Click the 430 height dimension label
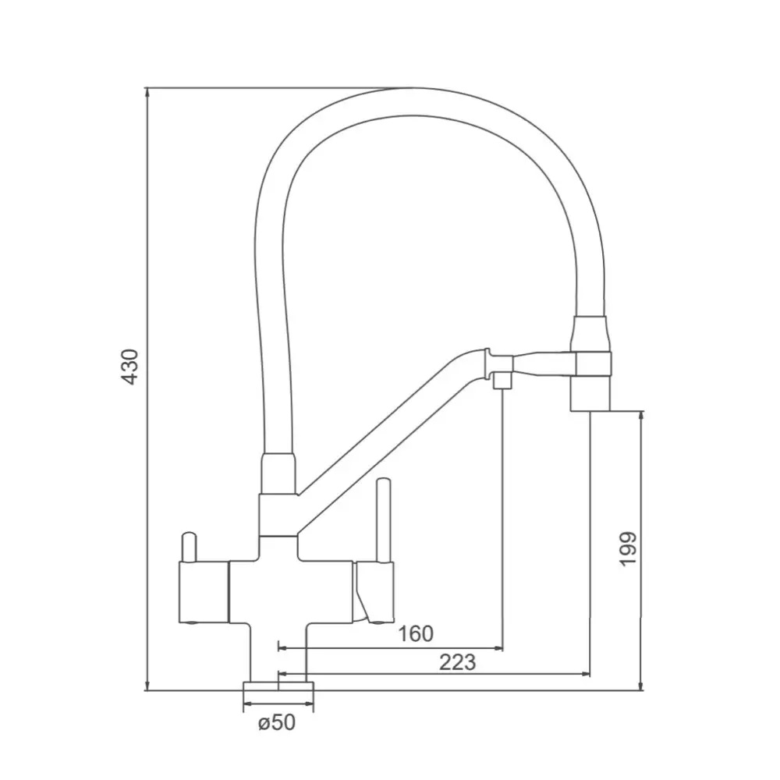click(x=130, y=367)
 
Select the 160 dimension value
click(x=416, y=633)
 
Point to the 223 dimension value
click(x=458, y=662)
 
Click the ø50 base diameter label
click(x=277, y=721)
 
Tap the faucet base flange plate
click(x=278, y=686)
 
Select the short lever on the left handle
click(x=189, y=548)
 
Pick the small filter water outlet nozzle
click(x=502, y=381)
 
